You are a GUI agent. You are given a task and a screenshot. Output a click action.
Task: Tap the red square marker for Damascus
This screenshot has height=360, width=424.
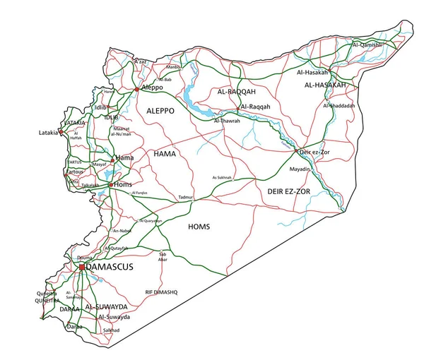[82, 268]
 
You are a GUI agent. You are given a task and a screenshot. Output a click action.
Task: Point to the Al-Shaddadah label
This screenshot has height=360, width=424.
[339, 105]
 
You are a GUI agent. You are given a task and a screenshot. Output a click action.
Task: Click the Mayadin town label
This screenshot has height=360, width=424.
[300, 170]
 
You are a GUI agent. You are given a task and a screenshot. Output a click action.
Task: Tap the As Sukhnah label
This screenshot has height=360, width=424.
[221, 177]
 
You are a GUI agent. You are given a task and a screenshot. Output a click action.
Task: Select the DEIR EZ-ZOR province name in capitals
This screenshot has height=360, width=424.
[288, 191]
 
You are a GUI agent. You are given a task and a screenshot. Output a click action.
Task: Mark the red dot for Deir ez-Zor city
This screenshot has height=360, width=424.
[296, 152]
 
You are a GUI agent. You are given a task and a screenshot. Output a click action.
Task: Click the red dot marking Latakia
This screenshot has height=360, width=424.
[61, 132]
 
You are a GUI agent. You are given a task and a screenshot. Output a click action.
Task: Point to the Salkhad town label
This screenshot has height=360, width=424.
[111, 330]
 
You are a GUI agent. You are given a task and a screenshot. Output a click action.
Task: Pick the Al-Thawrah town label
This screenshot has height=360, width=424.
[227, 121]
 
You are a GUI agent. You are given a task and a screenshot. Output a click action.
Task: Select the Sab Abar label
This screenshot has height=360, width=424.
[164, 256]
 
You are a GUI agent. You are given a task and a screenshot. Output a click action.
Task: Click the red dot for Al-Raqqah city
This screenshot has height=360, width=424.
[239, 107]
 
